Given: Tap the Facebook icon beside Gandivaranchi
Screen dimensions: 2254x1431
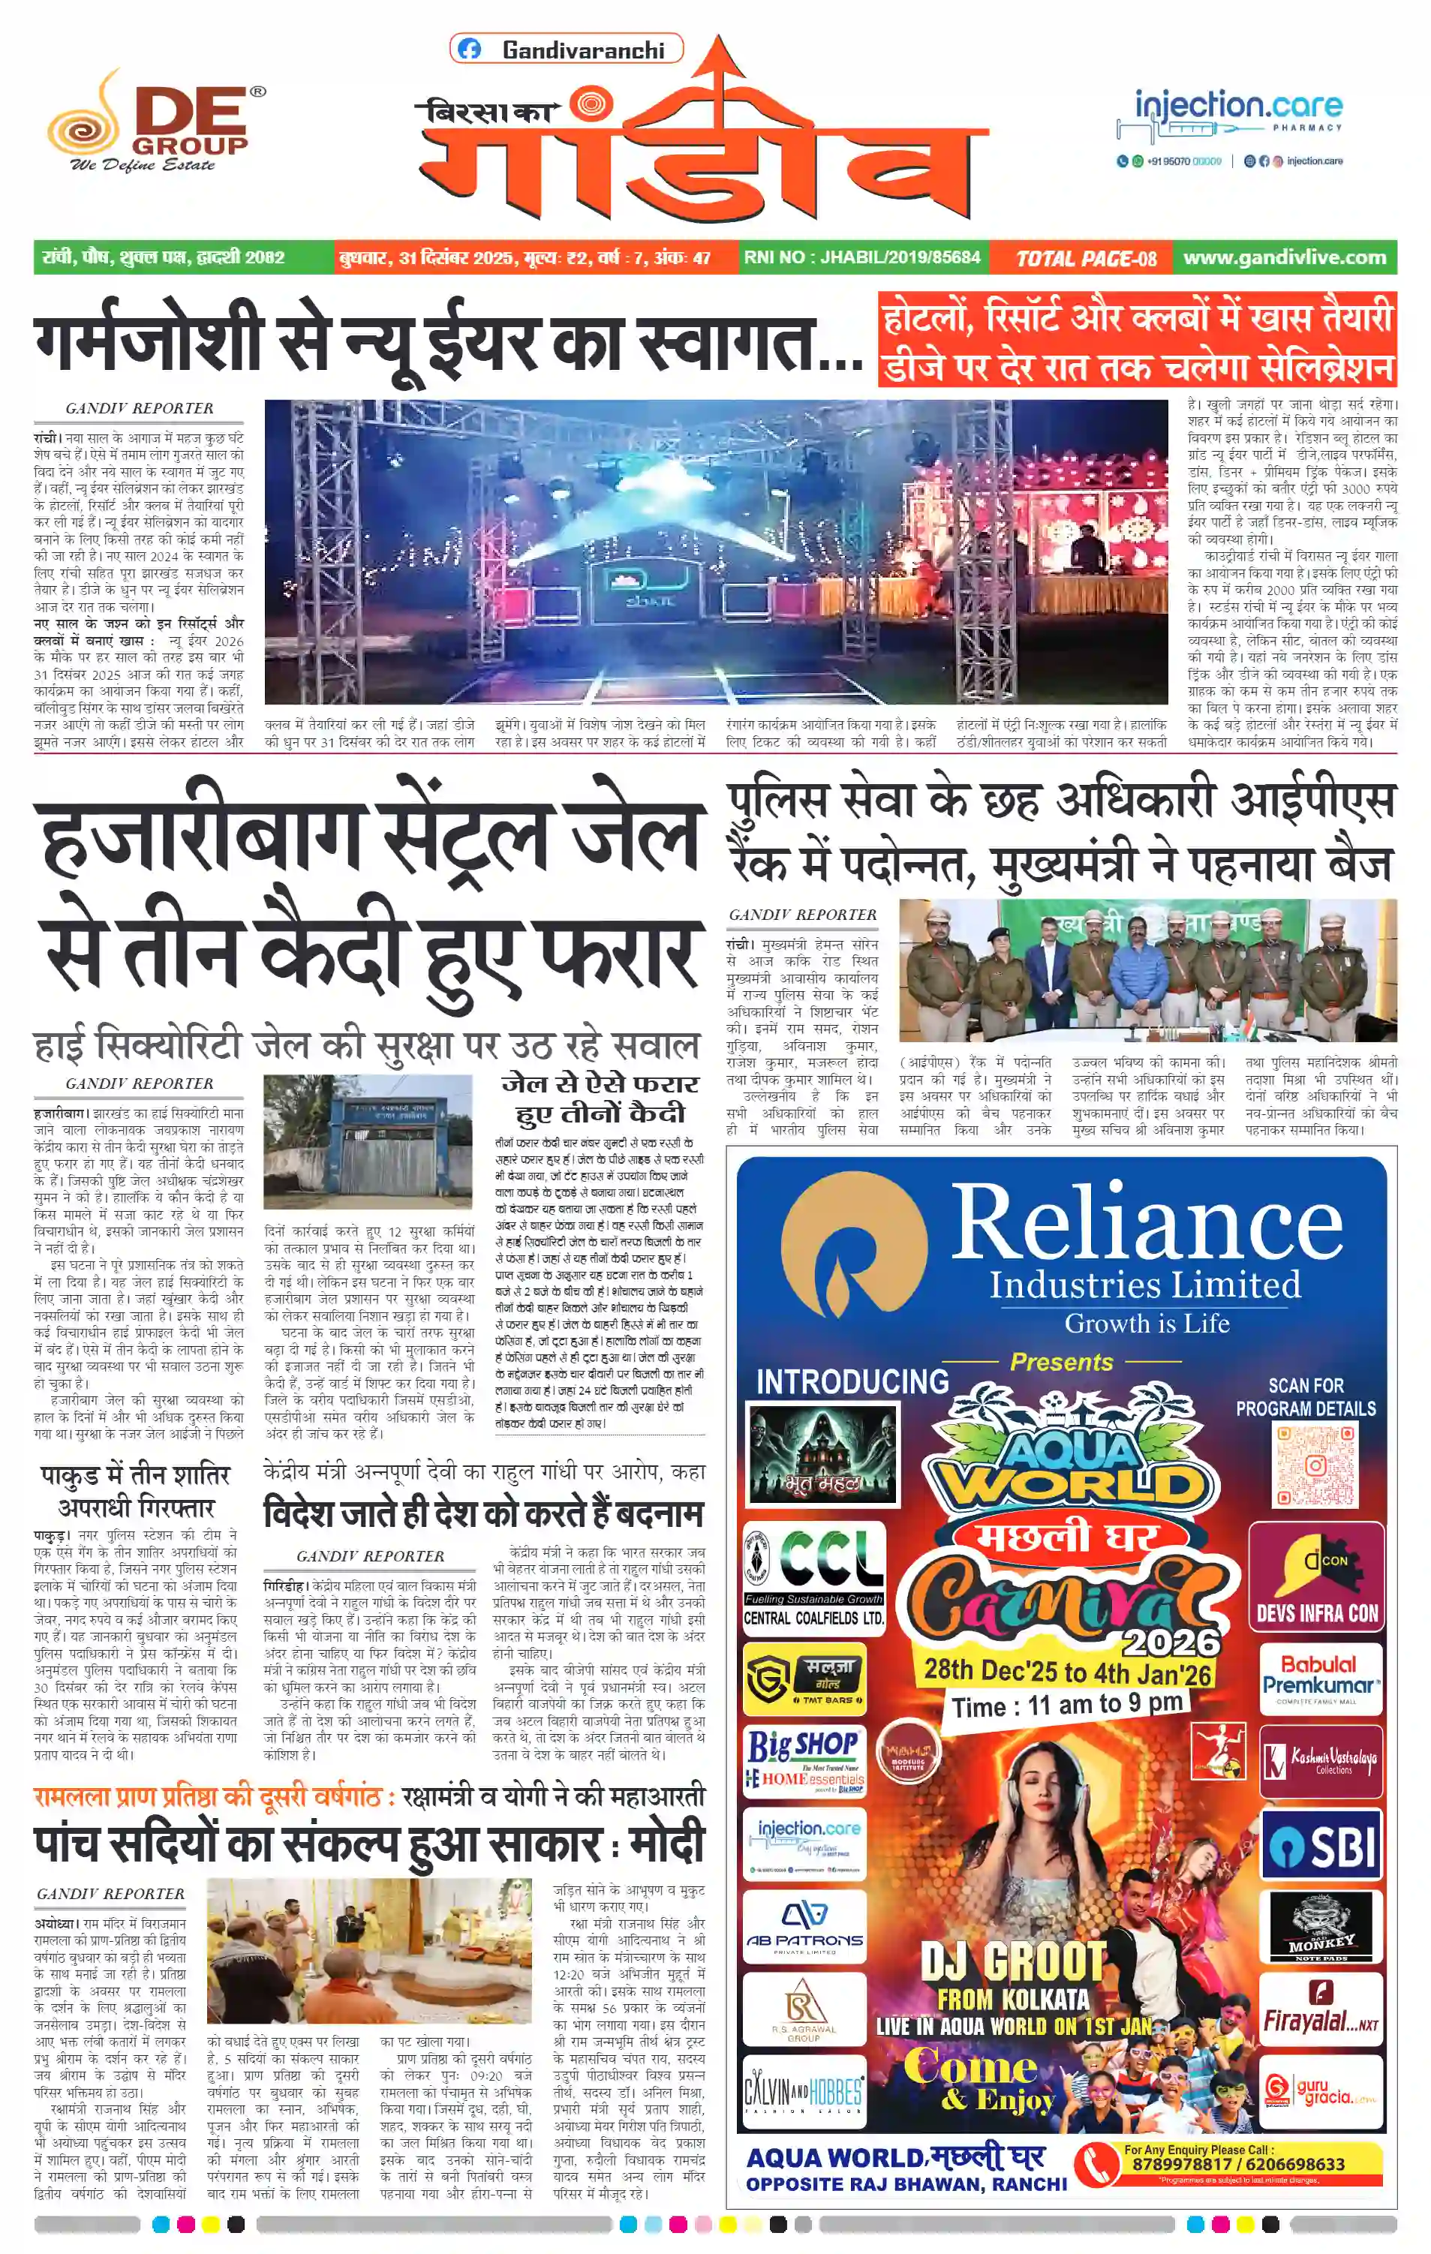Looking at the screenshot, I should [470, 50].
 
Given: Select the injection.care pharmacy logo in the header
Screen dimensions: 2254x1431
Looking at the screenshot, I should [1230, 128].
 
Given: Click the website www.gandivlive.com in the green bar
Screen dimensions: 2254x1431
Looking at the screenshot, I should [1284, 257].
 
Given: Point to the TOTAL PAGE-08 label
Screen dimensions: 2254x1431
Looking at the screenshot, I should [1086, 258].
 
